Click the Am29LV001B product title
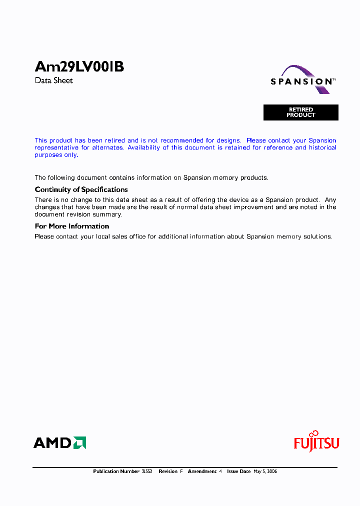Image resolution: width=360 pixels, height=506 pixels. point(79,67)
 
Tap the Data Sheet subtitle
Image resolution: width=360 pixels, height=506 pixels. point(53,80)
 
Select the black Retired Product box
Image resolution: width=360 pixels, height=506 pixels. point(301,112)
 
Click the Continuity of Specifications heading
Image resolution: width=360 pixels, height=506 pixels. point(81,189)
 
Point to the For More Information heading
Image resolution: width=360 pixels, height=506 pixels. point(71,226)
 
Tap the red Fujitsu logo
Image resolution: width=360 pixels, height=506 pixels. point(316,442)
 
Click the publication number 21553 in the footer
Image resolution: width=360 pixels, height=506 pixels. point(146,471)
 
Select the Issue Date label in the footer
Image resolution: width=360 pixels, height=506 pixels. point(238,471)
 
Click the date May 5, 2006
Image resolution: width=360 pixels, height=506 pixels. point(265,471)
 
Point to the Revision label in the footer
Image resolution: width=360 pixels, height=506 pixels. point(168,471)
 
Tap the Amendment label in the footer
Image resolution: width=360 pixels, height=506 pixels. point(202,471)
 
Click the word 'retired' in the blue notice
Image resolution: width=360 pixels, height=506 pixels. point(115,140)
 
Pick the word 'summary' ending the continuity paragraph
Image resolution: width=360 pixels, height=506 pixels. point(109,214)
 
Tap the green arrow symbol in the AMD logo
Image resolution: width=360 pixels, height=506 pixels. point(80,442)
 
